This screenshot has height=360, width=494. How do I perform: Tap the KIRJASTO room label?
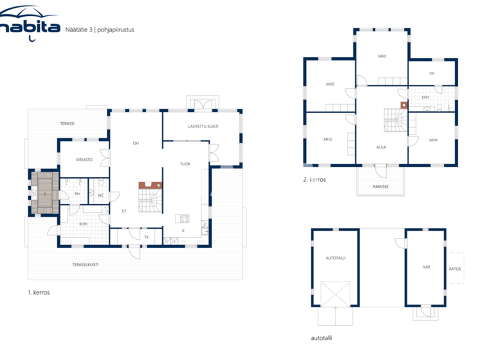click(84, 159)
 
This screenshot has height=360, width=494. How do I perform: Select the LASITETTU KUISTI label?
click(203, 127)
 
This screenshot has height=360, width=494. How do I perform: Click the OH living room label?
click(136, 143)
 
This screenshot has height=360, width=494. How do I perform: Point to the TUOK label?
click(185, 163)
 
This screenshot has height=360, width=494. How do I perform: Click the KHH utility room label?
click(83, 224)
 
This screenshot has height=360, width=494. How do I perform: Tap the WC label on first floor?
click(101, 195)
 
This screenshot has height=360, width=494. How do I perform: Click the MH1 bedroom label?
click(382, 57)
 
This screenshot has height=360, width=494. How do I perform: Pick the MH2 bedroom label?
click(330, 84)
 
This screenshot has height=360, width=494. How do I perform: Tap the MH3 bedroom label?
click(327, 139)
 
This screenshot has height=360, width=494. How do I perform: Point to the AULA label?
click(381, 147)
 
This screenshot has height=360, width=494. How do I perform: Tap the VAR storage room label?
click(426, 266)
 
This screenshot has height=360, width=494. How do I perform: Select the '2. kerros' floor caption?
click(315, 180)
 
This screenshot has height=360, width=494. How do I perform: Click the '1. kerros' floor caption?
click(39, 292)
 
